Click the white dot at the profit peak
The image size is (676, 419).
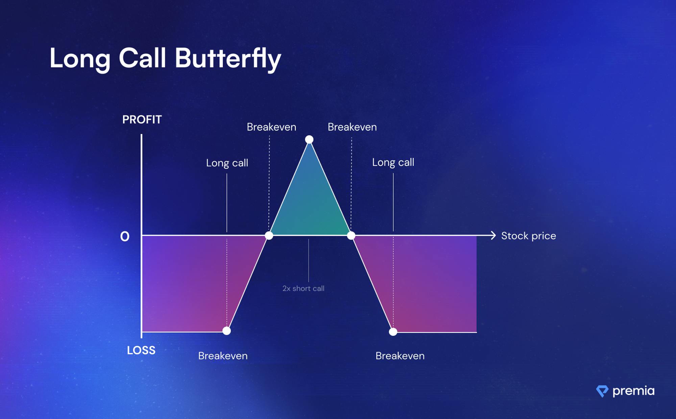[309, 139]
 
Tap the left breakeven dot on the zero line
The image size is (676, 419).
[269, 235]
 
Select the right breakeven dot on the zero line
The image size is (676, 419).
[351, 235]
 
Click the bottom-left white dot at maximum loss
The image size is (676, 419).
[226, 331]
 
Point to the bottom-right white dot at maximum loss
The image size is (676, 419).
[393, 331]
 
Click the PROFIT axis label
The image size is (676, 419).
[142, 119]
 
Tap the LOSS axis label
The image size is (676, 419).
[141, 350]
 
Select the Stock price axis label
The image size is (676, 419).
[529, 236]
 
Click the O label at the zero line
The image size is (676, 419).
[125, 236]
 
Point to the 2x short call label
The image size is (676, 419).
[304, 288]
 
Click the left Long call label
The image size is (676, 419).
[227, 163]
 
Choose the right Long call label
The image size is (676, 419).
[393, 162]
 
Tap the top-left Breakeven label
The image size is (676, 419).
[271, 127]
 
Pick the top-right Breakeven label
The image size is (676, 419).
[352, 127]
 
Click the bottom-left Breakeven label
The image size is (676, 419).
[223, 356]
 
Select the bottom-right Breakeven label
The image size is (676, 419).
[400, 356]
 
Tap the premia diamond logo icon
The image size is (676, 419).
[602, 391]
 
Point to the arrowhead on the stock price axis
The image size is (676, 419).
[493, 235]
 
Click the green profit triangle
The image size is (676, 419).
[310, 203]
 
